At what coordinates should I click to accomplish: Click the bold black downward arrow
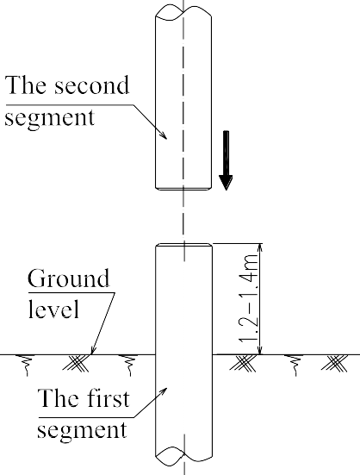[226, 160]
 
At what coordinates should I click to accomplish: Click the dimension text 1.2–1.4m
[249, 298]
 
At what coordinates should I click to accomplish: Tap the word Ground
[68, 278]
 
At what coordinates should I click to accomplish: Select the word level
[53, 309]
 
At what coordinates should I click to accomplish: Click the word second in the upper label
[91, 85]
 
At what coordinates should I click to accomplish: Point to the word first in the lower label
[106, 397]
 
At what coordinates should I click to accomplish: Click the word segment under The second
[50, 118]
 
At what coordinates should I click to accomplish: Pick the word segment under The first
[82, 430]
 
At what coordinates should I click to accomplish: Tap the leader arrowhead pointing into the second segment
[163, 135]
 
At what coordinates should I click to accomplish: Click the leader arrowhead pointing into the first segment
[164, 391]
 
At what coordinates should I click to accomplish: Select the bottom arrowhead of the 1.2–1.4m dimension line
[261, 350]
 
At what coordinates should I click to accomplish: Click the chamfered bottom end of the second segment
[183, 189]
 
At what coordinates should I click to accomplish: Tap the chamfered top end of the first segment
[183, 245]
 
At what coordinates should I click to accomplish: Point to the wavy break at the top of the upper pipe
[183, 13]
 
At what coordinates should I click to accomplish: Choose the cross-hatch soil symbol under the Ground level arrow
[76, 363]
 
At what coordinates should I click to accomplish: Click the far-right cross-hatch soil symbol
[334, 363]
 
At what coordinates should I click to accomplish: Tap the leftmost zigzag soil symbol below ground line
[27, 365]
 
